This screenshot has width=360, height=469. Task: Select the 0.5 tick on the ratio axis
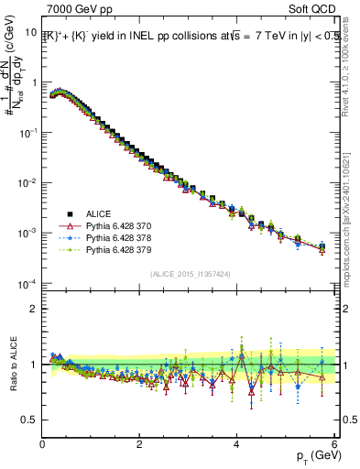tap(30, 420)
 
